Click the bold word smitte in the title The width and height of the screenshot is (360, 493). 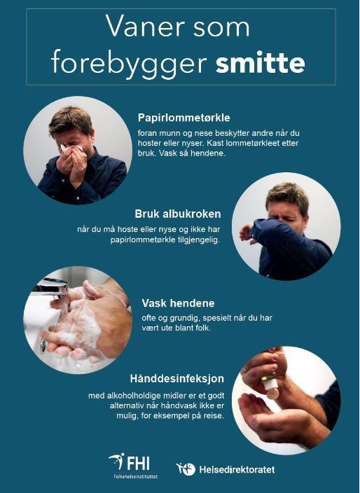(x=260, y=63)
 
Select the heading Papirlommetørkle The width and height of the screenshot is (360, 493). (x=184, y=118)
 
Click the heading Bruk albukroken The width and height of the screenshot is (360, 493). (x=178, y=214)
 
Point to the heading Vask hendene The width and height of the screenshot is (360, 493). (x=178, y=303)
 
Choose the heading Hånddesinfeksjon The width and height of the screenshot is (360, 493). (x=177, y=379)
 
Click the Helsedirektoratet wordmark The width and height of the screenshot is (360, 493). (x=237, y=470)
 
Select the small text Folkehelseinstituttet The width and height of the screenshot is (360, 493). (x=136, y=476)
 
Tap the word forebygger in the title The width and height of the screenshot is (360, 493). (x=129, y=63)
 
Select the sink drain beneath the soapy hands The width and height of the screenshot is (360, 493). (x=43, y=346)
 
